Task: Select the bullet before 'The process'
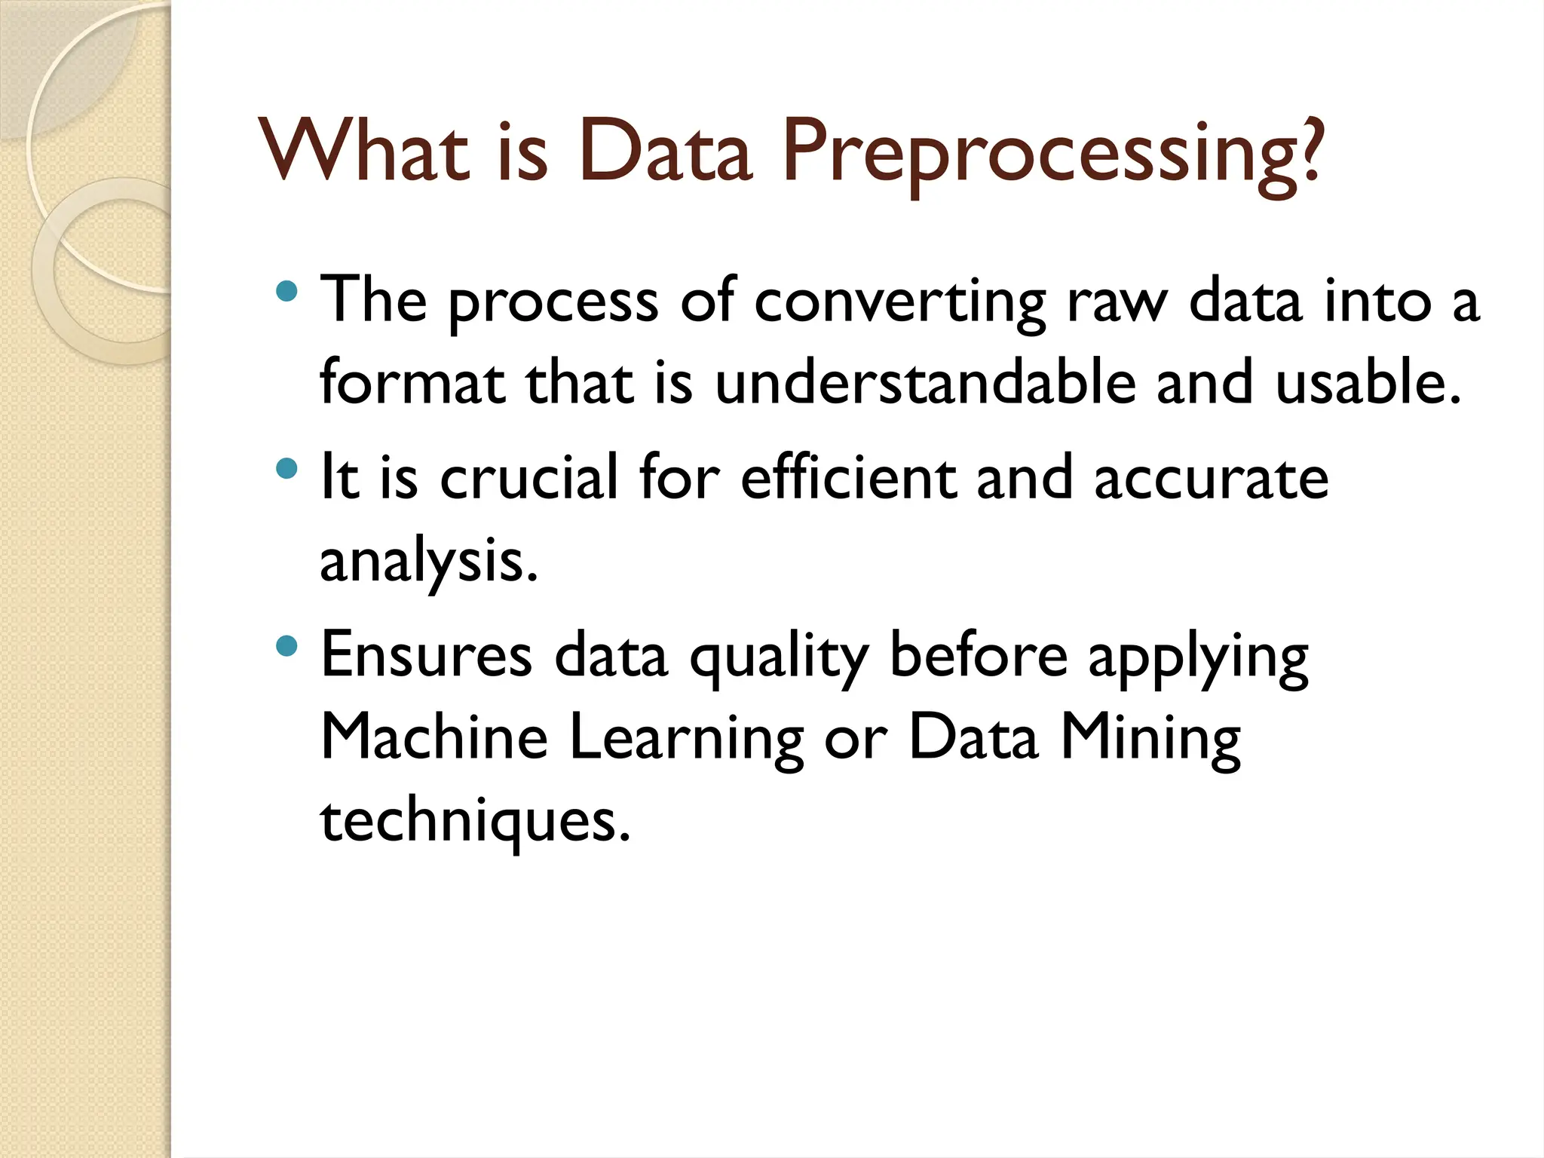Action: tap(286, 292)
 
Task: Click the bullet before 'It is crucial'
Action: tap(286, 469)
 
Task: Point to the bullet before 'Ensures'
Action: tap(286, 646)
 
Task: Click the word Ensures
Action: tap(427, 655)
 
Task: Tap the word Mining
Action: tap(1150, 740)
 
